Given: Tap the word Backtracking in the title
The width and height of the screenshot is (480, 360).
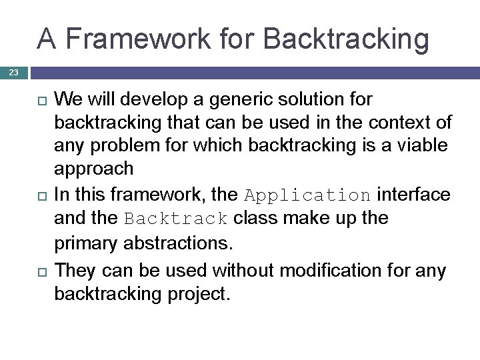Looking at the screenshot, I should pyautogui.click(x=347, y=39).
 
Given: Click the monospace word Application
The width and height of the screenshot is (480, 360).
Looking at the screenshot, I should pyautogui.click(x=307, y=195).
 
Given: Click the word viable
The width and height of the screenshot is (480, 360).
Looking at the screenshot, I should pyautogui.click(x=425, y=146).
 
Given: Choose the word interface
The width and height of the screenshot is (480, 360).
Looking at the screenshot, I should pyautogui.click(x=413, y=195).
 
